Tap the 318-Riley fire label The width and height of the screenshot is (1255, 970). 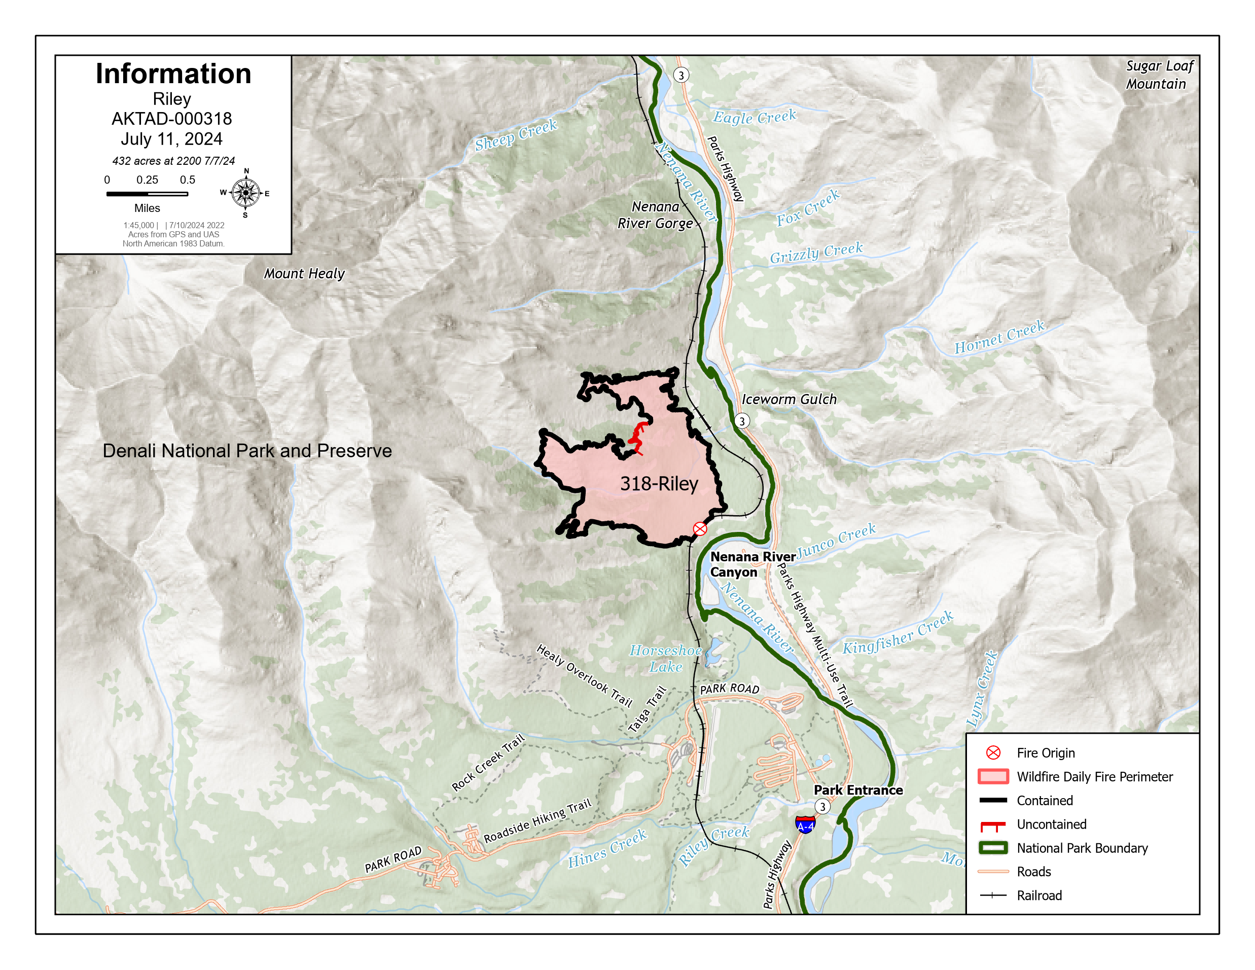click(x=659, y=484)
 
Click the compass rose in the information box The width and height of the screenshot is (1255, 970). click(x=245, y=193)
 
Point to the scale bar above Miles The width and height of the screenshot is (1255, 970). click(x=147, y=194)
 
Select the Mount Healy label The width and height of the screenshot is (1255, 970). click(x=304, y=273)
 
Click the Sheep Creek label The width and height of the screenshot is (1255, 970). click(x=516, y=135)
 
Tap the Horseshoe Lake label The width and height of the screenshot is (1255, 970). click(x=665, y=659)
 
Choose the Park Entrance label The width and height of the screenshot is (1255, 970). click(x=858, y=790)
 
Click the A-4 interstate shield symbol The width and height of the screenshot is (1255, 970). click(x=805, y=825)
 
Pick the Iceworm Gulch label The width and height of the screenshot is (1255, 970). click(x=788, y=400)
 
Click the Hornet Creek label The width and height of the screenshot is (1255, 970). click(x=999, y=337)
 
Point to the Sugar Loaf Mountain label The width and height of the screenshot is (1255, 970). click(x=1159, y=75)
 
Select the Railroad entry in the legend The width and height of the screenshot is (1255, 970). click(x=1038, y=895)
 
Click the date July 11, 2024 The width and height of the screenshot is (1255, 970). click(x=171, y=139)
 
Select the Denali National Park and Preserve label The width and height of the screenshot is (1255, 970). click(x=247, y=451)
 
